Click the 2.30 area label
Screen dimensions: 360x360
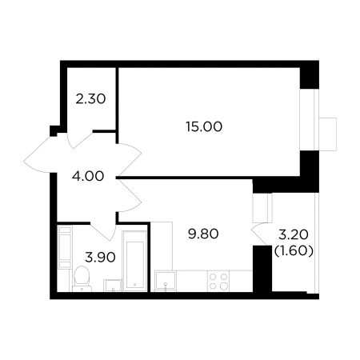tap(90, 99)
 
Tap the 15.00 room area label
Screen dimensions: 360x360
tap(204, 126)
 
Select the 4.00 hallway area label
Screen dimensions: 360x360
tap(88, 176)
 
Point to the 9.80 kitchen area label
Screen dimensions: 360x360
tap(203, 234)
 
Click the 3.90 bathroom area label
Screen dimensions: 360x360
tap(100, 258)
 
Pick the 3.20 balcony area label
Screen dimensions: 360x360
tap(294, 234)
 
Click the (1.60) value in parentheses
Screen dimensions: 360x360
tap(294, 251)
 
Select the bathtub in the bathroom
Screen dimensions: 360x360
tap(134, 261)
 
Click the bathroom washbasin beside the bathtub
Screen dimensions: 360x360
tap(113, 286)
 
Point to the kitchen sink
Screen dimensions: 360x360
tap(166, 281)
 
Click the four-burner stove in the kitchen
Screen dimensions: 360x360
tap(218, 282)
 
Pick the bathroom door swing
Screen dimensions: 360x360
tap(102, 230)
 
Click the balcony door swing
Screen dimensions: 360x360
tap(259, 234)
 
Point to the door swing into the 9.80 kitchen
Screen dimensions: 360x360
tap(130, 195)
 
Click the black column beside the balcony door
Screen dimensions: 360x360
tap(262, 269)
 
